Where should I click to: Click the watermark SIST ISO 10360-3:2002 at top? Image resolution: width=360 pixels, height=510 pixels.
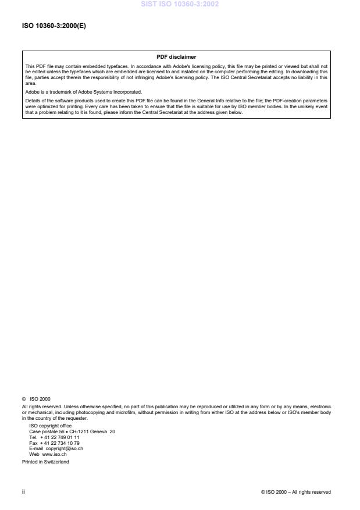coord(179,5)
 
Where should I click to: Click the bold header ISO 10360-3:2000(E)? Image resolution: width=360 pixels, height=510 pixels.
coord(54,26)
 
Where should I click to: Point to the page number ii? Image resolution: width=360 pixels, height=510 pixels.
coord(24,492)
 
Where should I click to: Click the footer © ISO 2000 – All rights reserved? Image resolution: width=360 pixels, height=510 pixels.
coord(296,492)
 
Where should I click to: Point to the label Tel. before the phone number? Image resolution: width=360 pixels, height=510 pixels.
coord(33,437)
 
